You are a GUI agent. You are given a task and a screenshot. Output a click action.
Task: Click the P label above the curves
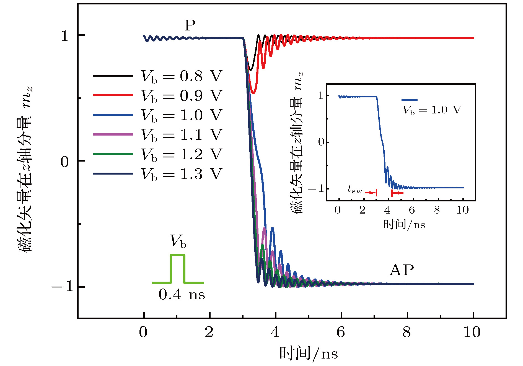pyautogui.click(x=190, y=25)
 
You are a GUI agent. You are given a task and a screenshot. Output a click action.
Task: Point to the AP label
pyautogui.click(x=402, y=270)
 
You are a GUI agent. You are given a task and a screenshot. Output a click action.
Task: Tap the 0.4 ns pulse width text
pyautogui.click(x=182, y=295)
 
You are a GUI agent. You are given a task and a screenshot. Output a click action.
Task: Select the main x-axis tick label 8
pyautogui.click(x=407, y=332)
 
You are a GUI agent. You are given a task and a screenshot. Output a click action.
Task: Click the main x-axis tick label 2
pyautogui.click(x=209, y=332)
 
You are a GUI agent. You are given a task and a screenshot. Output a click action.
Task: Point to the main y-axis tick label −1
pyautogui.click(x=62, y=287)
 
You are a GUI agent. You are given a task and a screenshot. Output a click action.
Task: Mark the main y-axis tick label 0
pyautogui.click(x=65, y=162)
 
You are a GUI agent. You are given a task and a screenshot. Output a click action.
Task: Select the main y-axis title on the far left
pyautogui.click(x=25, y=169)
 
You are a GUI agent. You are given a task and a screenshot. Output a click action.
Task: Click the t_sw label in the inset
pyautogui.click(x=355, y=190)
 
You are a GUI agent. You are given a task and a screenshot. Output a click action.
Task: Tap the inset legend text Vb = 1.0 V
pyautogui.click(x=432, y=110)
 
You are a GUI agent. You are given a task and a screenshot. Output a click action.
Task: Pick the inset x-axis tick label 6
pyautogui.click(x=412, y=210)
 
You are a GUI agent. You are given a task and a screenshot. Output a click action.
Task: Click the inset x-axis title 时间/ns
pyautogui.click(x=404, y=224)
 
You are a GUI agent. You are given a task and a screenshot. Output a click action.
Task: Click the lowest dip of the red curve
pyautogui.click(x=253, y=93)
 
